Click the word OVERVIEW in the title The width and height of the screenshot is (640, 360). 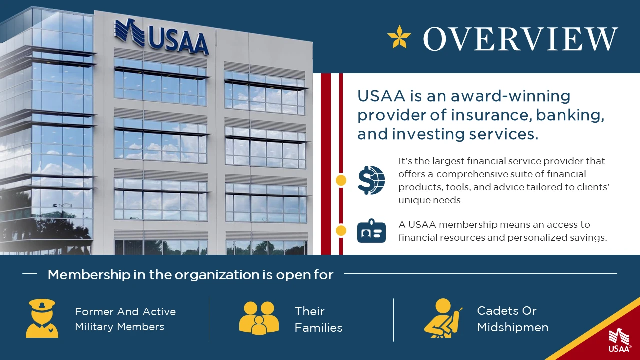pos(521,39)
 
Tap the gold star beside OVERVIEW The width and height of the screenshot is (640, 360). pos(399,37)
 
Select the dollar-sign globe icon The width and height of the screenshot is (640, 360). pos(371,180)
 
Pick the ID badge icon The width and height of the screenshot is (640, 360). pos(371,231)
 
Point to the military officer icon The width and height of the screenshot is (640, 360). pos(42,318)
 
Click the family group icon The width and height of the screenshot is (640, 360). pos(259,318)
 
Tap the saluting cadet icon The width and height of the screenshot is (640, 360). pos(443,318)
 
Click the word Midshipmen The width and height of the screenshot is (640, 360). pos(513,327)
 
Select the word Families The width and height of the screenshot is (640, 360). pos(318,328)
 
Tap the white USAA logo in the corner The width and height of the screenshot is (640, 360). pos(619,341)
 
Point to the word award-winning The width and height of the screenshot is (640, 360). pos(510,96)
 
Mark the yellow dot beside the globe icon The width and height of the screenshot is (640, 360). pos(341,180)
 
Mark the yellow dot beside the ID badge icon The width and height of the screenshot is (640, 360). pos(341,231)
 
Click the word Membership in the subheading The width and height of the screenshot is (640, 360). pos(89,275)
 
